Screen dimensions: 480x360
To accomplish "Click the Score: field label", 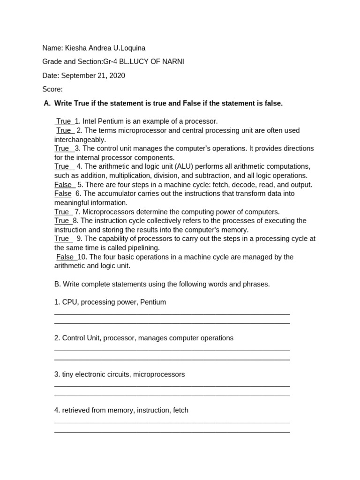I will pyautogui.click(x=52, y=89).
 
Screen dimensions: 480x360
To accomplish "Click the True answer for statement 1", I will pyautogui.click(x=64, y=121).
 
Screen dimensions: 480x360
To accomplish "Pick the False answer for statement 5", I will pyautogui.click(x=63, y=185).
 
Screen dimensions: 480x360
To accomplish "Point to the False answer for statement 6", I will pyautogui.click(x=63, y=194).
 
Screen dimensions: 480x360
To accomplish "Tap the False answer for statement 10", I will pyautogui.click(x=65, y=257).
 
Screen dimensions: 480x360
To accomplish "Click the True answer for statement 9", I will pyautogui.click(x=62, y=239).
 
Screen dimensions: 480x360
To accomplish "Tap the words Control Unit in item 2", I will pyautogui.click(x=81, y=338).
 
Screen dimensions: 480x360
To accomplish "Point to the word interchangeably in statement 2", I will pyautogui.click(x=80, y=140).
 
